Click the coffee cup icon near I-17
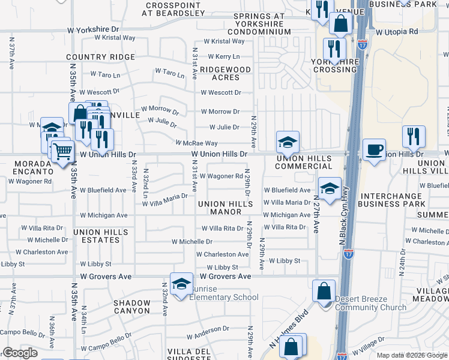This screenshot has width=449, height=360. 374,151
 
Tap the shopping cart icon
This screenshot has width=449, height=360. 62,151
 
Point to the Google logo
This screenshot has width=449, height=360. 20,353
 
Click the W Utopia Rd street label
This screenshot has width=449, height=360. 396,31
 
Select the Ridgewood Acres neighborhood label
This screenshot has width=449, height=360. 225,73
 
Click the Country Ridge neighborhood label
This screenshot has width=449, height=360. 101,57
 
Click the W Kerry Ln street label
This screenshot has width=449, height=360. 223,56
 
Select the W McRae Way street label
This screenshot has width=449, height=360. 196,143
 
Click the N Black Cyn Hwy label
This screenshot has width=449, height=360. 343,218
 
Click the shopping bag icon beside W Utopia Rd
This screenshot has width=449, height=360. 340,25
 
